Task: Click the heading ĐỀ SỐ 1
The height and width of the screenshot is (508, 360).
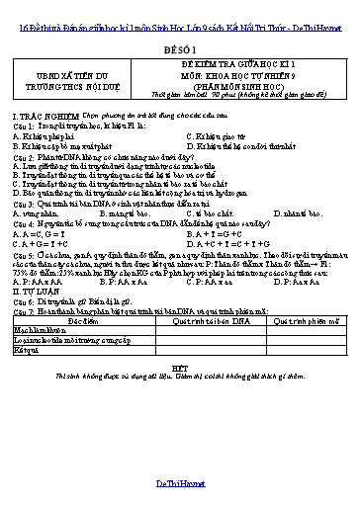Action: click(x=180, y=46)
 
